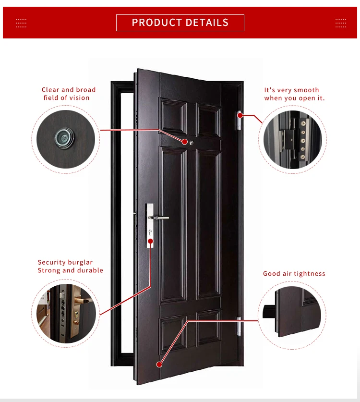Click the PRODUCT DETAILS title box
[x=180, y=23]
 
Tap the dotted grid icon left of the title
[x=21, y=23]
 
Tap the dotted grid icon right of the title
[x=340, y=23]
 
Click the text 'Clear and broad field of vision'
[x=68, y=94]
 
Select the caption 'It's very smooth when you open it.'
[x=294, y=94]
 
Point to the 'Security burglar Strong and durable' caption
[x=70, y=267]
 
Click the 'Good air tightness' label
[x=294, y=274]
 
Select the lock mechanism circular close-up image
[x=67, y=313]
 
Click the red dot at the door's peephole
[x=185, y=141]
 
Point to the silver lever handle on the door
[x=161, y=218]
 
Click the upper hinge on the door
[x=239, y=120]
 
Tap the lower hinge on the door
[x=239, y=327]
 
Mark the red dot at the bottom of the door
[x=159, y=365]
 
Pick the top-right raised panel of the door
[x=208, y=119]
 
